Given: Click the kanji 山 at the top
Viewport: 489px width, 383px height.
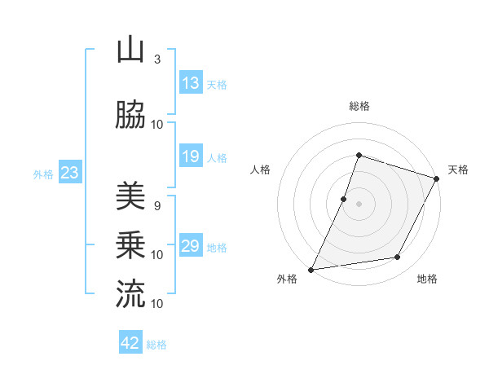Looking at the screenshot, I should coord(130,51).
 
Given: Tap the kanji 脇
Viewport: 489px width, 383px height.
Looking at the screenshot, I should coord(130,116).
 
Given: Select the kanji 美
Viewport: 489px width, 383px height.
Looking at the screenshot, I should coord(130,196).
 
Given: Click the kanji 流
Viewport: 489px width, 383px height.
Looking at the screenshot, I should coord(130,294).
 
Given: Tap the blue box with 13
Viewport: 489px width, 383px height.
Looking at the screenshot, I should coord(191,83).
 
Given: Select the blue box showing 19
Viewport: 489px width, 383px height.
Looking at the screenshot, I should coord(191,156).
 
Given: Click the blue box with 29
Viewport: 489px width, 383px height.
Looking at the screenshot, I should coord(191,246).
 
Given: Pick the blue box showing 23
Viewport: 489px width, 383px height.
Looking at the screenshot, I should coord(68,173).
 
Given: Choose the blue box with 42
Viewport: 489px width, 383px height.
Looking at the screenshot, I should coord(130,343).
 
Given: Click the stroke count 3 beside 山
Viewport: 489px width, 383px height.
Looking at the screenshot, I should coord(157,59).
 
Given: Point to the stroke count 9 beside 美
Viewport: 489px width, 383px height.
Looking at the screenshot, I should coord(157,205).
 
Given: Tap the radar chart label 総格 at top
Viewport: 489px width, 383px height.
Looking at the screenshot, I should coord(359,106).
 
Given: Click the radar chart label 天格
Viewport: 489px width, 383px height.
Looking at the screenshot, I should coord(458,169).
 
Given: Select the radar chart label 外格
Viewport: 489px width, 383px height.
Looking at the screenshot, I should coord(287,280).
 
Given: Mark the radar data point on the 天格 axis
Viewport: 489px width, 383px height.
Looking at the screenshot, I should coord(437,178).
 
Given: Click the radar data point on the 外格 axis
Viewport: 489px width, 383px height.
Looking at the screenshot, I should coord(311,270).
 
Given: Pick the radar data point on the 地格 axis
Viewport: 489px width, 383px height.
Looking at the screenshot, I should coord(398,258).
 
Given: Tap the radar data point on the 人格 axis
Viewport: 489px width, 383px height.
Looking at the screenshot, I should coord(344,199).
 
